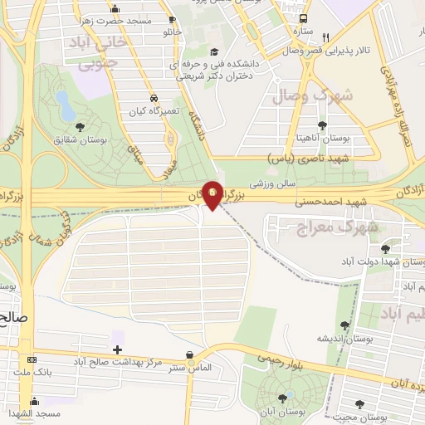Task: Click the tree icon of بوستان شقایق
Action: coord(80,127)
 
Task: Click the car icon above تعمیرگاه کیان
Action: coord(154,97)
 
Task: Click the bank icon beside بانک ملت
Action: coord(32,359)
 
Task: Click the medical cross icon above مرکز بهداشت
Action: coord(117,349)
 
